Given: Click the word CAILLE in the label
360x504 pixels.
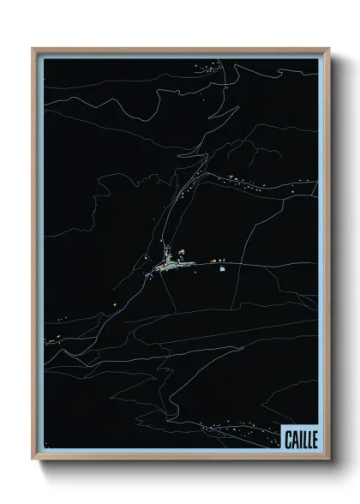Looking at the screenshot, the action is point(299,439).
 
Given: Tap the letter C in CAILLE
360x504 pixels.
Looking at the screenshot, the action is point(287,439).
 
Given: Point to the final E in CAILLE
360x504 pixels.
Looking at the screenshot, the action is point(313,439).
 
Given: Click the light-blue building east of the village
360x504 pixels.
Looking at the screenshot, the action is point(223,267).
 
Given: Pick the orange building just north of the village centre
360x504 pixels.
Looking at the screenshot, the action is point(182,252).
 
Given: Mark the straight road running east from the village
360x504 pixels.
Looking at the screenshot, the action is point(257,264).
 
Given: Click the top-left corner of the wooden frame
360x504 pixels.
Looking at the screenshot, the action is point(33,50).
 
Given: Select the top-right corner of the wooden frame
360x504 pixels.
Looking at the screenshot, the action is point(327,50).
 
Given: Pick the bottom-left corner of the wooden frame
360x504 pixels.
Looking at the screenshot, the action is point(33,458).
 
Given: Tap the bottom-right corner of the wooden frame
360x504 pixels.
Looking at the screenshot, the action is point(327,458).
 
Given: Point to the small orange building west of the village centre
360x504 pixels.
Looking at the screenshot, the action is point(147,258).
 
